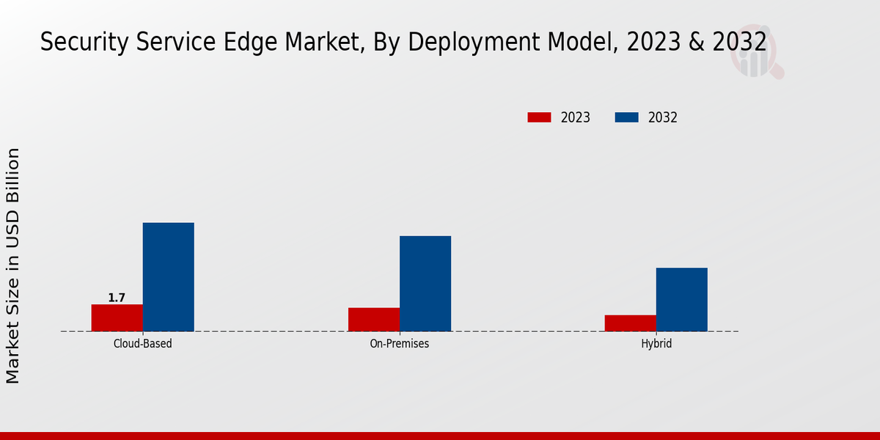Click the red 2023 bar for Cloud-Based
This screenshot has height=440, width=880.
117,318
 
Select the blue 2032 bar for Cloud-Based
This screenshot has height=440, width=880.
169,277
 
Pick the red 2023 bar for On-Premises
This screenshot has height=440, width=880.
374,320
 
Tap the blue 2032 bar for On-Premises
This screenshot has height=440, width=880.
425,284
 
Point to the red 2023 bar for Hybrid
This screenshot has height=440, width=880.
631,323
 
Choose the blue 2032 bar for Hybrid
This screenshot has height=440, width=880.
682,299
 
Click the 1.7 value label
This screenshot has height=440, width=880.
117,298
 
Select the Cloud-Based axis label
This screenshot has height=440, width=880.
142,344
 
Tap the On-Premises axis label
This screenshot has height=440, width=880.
400,344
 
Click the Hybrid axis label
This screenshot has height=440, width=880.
656,344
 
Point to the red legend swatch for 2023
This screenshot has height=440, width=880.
539,117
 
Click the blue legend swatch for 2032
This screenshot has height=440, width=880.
626,117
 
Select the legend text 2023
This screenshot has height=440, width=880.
576,117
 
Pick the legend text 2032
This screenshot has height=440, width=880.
663,117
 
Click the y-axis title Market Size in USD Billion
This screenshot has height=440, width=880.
12,265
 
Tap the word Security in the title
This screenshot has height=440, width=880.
84,42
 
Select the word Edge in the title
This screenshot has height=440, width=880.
250,42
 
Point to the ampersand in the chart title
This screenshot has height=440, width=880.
697,42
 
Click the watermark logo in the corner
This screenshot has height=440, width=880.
757,51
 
